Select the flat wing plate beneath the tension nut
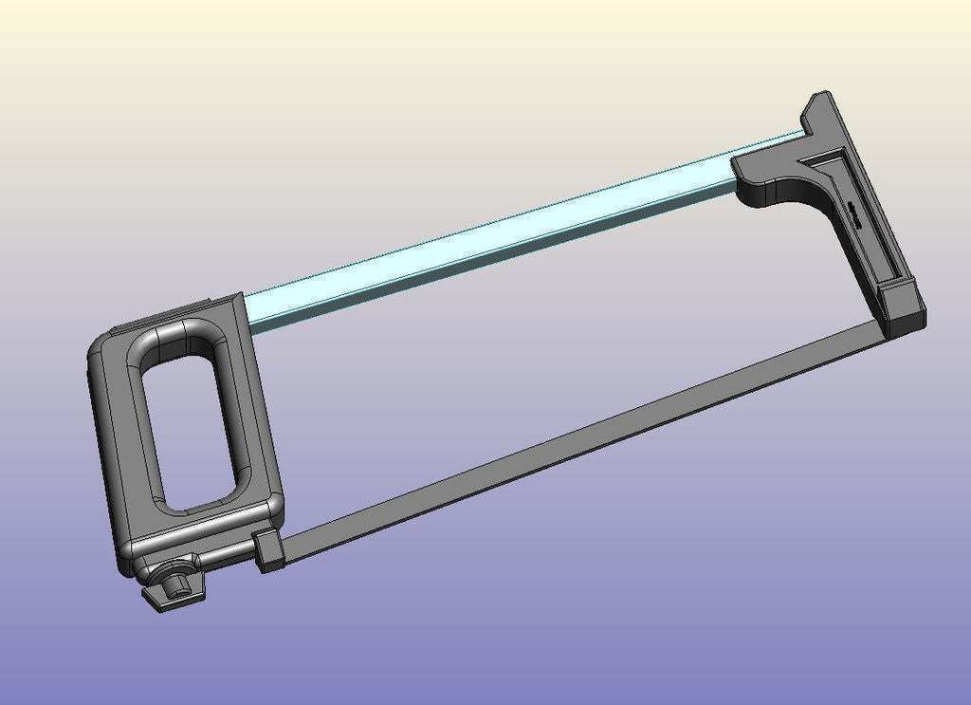coord(171,598)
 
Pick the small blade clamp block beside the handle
coord(269,550)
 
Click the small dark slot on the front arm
coord(860,214)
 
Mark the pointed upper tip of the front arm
coord(821,100)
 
